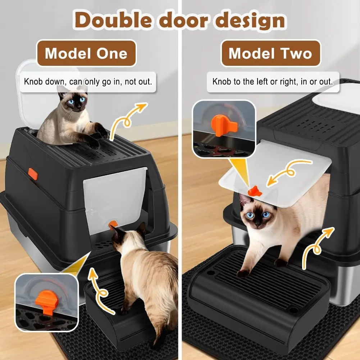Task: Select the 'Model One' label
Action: tap(86, 53)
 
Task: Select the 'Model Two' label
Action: tap(270, 53)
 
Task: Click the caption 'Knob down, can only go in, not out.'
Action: tap(88, 81)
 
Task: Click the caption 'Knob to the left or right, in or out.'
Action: tap(273, 81)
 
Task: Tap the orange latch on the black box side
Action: tap(33, 174)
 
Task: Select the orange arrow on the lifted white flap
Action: tap(286, 173)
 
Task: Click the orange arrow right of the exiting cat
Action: tap(316, 245)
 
